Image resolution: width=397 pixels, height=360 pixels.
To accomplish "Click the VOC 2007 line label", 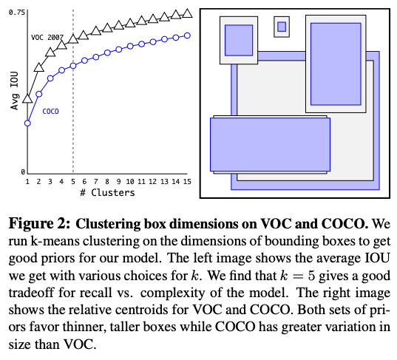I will [x=47, y=36].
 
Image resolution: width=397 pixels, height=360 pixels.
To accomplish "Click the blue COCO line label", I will [x=50, y=112].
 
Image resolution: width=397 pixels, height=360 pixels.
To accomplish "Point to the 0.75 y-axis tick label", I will [x=18, y=13].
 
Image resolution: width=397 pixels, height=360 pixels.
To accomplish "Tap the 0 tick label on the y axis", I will [x=23, y=171].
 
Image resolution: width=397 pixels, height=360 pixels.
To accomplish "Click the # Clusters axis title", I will [x=106, y=193].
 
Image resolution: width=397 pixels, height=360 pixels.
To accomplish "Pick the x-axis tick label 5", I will [x=72, y=181].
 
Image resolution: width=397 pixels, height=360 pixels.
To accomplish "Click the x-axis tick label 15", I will [x=187, y=181].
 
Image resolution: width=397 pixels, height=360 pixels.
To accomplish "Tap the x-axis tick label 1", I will [x=27, y=181].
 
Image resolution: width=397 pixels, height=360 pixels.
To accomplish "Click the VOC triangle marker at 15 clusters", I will [x=187, y=13].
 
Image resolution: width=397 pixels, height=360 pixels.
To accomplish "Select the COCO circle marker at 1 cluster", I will [x=27, y=123].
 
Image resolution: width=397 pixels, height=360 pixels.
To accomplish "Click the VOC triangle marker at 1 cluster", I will [x=27, y=98].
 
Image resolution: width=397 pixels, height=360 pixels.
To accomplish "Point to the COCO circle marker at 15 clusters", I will [x=187, y=35].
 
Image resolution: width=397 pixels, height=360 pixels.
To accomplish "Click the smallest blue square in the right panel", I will [x=281, y=27].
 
